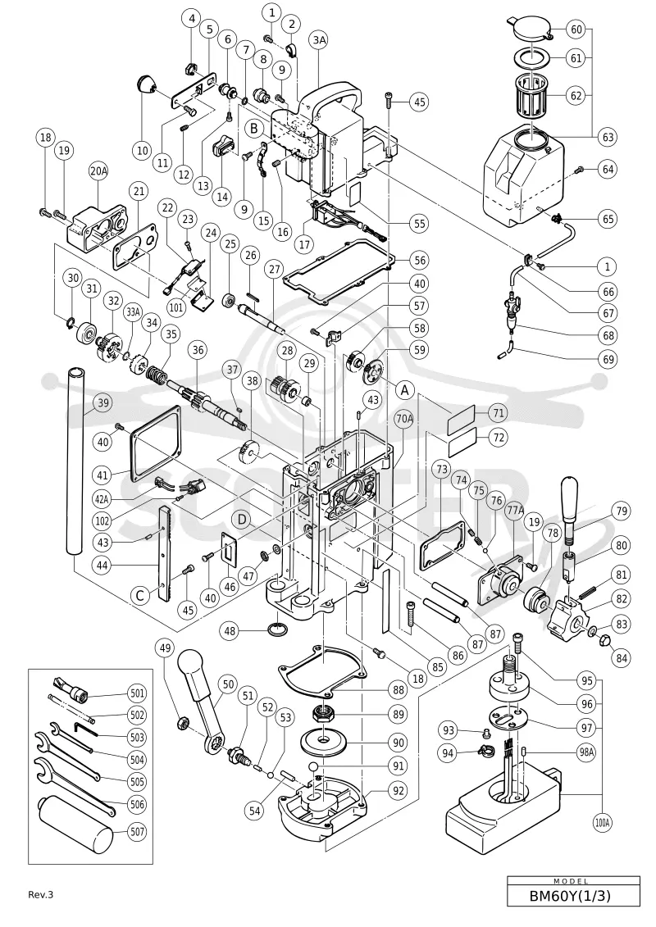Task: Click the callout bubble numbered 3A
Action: click(320, 39)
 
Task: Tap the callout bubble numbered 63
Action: click(608, 137)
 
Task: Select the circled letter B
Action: click(253, 128)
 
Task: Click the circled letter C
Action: click(140, 595)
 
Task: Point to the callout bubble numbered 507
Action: click(137, 832)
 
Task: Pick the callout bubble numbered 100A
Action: click(603, 822)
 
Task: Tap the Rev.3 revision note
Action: click(41, 894)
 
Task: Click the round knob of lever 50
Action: click(192, 663)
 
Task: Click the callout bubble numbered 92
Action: click(398, 789)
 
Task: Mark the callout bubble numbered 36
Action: click(198, 350)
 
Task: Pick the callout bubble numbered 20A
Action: click(98, 171)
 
